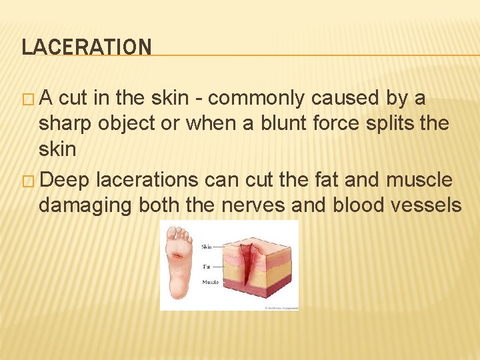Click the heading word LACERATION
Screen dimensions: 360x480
87,47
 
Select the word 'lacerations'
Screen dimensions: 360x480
147,180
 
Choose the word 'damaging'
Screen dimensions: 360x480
85,205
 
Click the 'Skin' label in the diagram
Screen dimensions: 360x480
207,247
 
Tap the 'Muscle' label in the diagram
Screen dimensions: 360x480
209,283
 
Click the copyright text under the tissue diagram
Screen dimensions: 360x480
281,308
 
